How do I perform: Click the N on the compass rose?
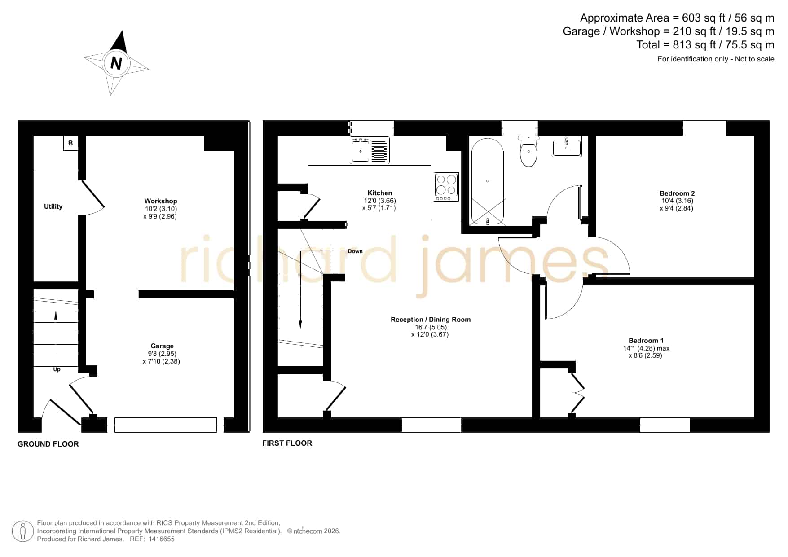pos(116,64)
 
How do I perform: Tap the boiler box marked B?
pos(71,143)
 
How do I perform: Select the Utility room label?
pos(53,206)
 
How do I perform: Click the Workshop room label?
pos(161,201)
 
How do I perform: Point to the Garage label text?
pos(162,346)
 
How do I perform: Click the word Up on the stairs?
pos(57,369)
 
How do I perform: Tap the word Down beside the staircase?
pos(355,251)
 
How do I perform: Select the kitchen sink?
pos(370,150)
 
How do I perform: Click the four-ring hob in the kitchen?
pos(446,187)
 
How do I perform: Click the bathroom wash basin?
pos(567,146)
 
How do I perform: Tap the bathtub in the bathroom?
pos(488,181)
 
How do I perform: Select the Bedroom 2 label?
pos(677,193)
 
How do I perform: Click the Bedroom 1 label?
pos(646,341)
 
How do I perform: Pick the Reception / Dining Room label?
pos(431,320)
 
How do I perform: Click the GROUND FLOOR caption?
pos(48,444)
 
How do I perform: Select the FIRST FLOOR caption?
pos(287,443)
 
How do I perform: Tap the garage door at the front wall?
pos(166,425)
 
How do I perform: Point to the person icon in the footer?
pos(22,531)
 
